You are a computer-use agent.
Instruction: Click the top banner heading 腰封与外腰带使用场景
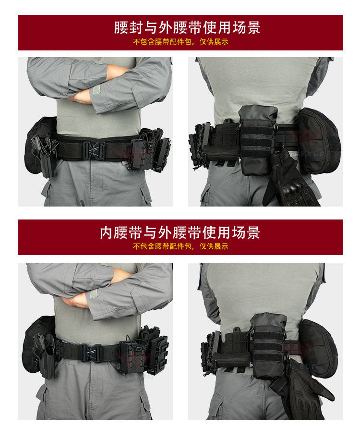tap(187, 27)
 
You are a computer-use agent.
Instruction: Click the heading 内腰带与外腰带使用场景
tap(180, 232)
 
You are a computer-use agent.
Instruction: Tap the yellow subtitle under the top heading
tap(180, 42)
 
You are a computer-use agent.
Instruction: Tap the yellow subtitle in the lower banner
tap(180, 246)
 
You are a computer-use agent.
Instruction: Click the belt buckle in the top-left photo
tap(94, 150)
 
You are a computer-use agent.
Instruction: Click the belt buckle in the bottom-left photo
tap(92, 353)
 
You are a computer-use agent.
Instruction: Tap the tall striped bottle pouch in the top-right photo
tap(257, 139)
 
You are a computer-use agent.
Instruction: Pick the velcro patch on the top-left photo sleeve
tap(96, 89)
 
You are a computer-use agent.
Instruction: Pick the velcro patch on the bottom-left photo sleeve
tap(94, 294)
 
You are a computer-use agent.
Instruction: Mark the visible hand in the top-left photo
tap(81, 96)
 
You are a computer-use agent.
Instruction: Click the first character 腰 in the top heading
tap(121, 27)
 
